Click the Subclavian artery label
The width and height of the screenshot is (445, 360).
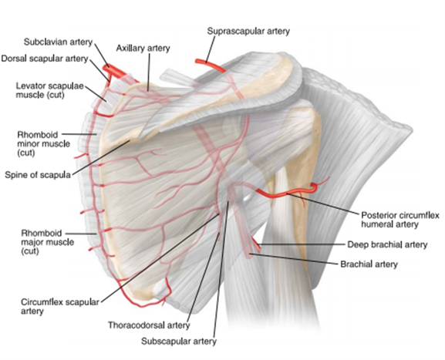coord(58,42)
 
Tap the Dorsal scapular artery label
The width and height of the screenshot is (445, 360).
coord(45,59)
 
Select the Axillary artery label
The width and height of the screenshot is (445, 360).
coord(143,49)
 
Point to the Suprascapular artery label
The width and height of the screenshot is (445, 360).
coord(248,31)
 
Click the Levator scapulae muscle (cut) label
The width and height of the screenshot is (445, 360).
coord(49,90)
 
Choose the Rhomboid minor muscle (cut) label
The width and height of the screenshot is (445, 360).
coord(43,143)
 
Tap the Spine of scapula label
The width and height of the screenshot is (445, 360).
coord(38,175)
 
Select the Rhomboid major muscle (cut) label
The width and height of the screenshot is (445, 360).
coord(47,242)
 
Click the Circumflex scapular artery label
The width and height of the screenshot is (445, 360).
coord(60,306)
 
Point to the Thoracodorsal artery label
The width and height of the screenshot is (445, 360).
coord(149,325)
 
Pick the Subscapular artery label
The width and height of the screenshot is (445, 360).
coord(179,341)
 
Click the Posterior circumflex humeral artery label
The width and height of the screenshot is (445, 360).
coord(399,220)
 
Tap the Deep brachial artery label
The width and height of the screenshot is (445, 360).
coord(387,244)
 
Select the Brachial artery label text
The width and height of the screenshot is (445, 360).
coord(369,264)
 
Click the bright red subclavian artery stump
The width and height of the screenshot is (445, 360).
coord(113,71)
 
